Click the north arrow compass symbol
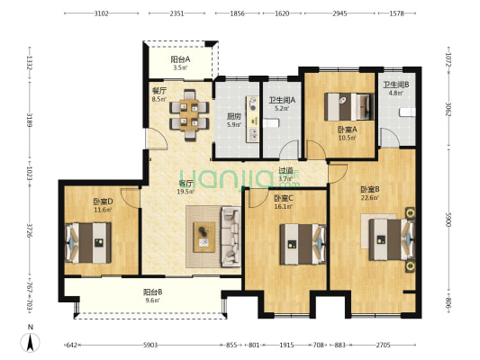click(30, 343)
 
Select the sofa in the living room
click(231, 237)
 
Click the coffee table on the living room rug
click(204, 237)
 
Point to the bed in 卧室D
click(88, 243)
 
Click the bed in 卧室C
click(303, 245)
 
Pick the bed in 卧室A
click(349, 107)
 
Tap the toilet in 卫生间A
click(271, 123)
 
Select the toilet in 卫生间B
click(407, 112)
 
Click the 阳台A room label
click(180, 59)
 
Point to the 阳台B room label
click(153, 292)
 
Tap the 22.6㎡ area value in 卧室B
click(370, 198)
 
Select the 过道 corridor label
click(285, 170)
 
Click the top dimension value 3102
click(102, 13)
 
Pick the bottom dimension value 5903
click(150, 345)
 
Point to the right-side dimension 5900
click(448, 220)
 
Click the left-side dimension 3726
click(30, 230)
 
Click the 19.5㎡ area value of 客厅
click(186, 192)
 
